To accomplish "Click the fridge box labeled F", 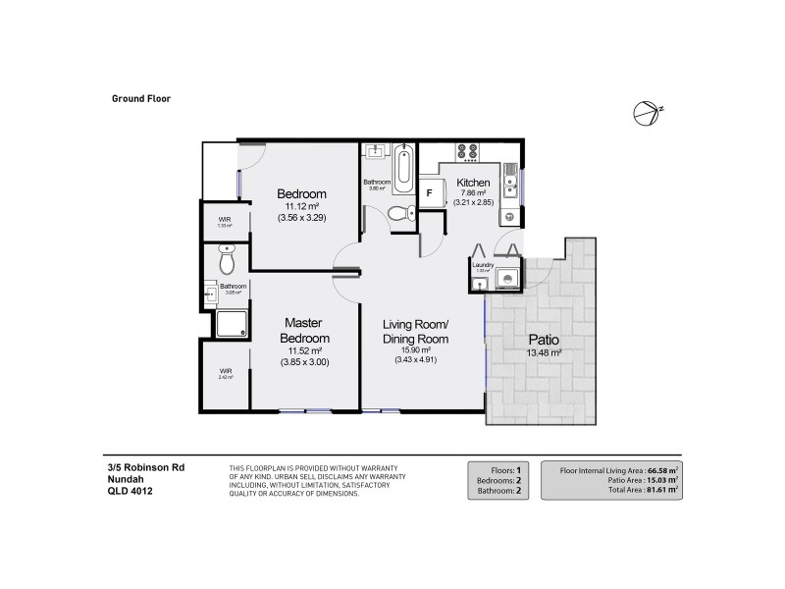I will (x=428, y=193).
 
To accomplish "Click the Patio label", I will (x=542, y=339).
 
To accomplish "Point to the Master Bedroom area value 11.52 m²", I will (x=305, y=349).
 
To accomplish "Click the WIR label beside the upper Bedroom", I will (x=224, y=219).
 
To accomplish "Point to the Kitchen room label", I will (x=473, y=183).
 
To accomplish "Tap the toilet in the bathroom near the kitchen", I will (x=396, y=213).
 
